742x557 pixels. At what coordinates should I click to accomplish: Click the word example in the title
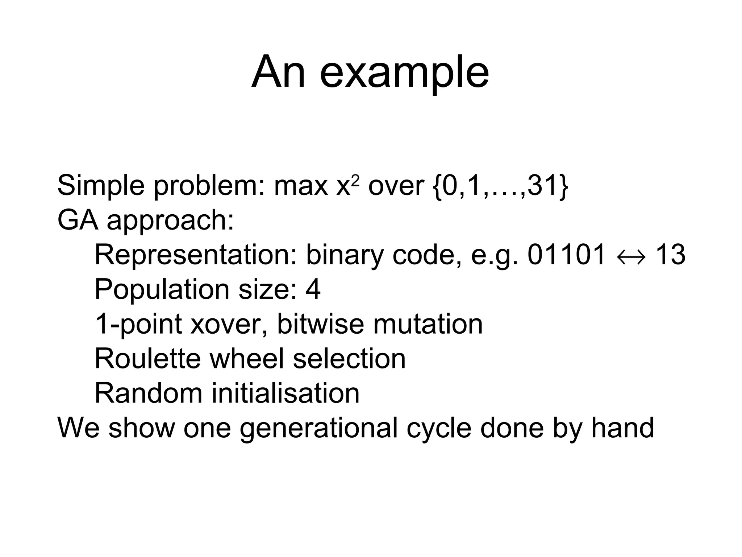[x=404, y=73]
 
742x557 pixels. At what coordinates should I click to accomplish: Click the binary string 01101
[x=566, y=255]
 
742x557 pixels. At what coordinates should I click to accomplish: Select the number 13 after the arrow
[x=671, y=255]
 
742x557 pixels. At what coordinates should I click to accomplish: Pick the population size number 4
[x=313, y=289]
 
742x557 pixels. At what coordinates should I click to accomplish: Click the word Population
[x=162, y=289]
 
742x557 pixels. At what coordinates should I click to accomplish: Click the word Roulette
[x=147, y=358]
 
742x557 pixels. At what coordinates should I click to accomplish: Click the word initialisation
[x=285, y=393]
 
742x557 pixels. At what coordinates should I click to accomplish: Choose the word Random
[x=148, y=393]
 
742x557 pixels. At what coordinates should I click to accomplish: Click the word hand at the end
[x=622, y=427]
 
